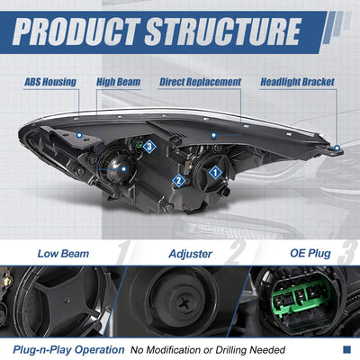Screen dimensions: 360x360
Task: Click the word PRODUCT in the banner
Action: (x=76, y=31)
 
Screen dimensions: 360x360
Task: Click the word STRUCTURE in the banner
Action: (x=223, y=31)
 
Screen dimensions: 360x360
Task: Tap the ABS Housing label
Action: (x=50, y=82)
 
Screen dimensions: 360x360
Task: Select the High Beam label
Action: (x=119, y=82)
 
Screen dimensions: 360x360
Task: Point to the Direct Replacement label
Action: (x=200, y=82)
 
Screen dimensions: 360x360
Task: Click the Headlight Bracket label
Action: (x=297, y=82)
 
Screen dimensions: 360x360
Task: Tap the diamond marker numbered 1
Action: (x=215, y=173)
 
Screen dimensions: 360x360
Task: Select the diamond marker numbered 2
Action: (x=179, y=181)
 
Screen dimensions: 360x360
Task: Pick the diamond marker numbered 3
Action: (x=149, y=147)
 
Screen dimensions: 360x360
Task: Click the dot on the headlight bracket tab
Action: (x=337, y=148)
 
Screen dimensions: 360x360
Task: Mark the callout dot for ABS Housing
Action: (x=79, y=135)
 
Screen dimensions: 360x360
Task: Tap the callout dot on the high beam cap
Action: (x=124, y=169)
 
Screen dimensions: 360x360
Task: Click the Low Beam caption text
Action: (x=63, y=254)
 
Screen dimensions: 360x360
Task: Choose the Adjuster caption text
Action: (x=191, y=254)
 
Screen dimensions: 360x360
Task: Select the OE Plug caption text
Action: (x=310, y=254)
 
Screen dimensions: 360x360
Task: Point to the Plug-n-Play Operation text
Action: (x=68, y=350)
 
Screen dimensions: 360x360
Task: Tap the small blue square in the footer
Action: (x=346, y=349)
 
